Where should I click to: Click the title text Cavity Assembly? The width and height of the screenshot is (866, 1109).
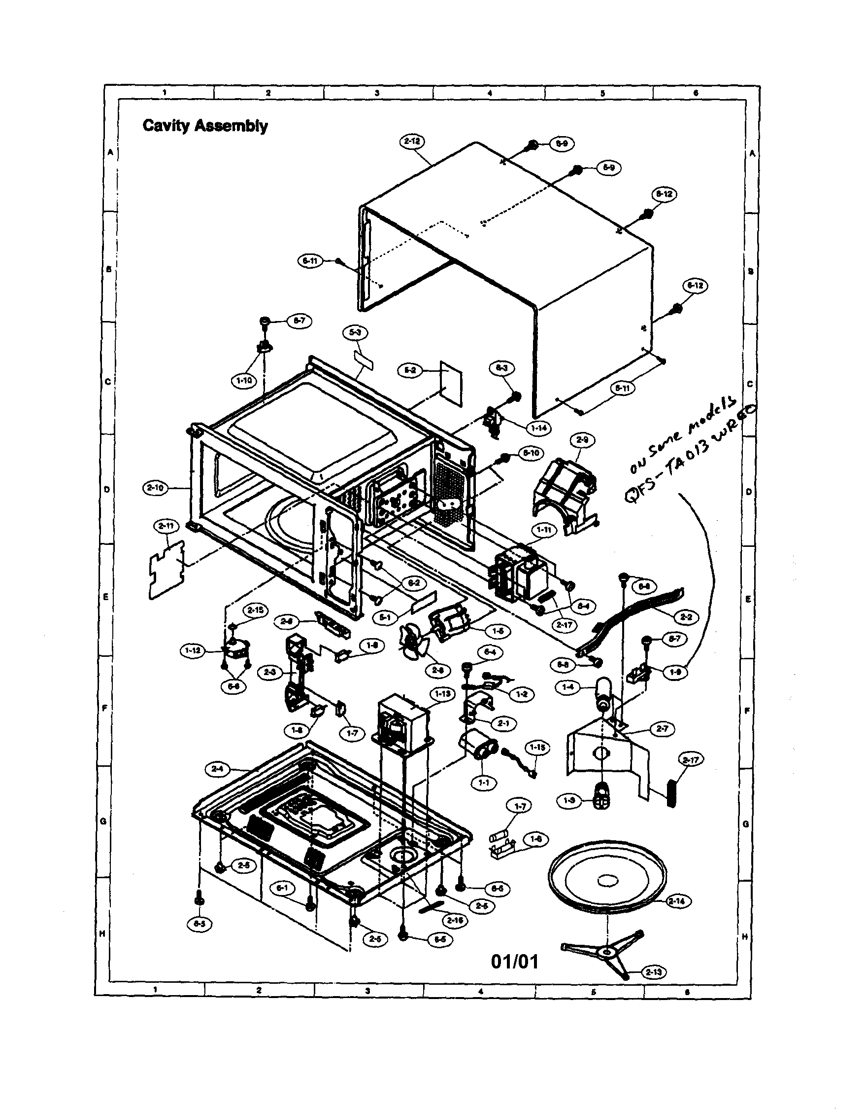click(205, 125)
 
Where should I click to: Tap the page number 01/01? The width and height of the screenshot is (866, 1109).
click(514, 961)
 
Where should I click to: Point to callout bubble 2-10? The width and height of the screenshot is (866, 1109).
click(155, 488)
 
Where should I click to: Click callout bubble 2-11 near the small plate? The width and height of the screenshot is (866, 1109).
click(166, 527)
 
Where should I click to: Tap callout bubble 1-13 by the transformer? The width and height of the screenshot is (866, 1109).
click(442, 694)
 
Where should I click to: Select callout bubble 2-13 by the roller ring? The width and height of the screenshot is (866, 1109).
click(654, 972)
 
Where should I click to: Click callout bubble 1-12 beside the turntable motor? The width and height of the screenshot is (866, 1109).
click(193, 650)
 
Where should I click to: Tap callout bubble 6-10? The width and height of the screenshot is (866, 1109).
click(530, 454)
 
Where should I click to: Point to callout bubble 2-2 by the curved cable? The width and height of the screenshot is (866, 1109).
click(686, 617)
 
